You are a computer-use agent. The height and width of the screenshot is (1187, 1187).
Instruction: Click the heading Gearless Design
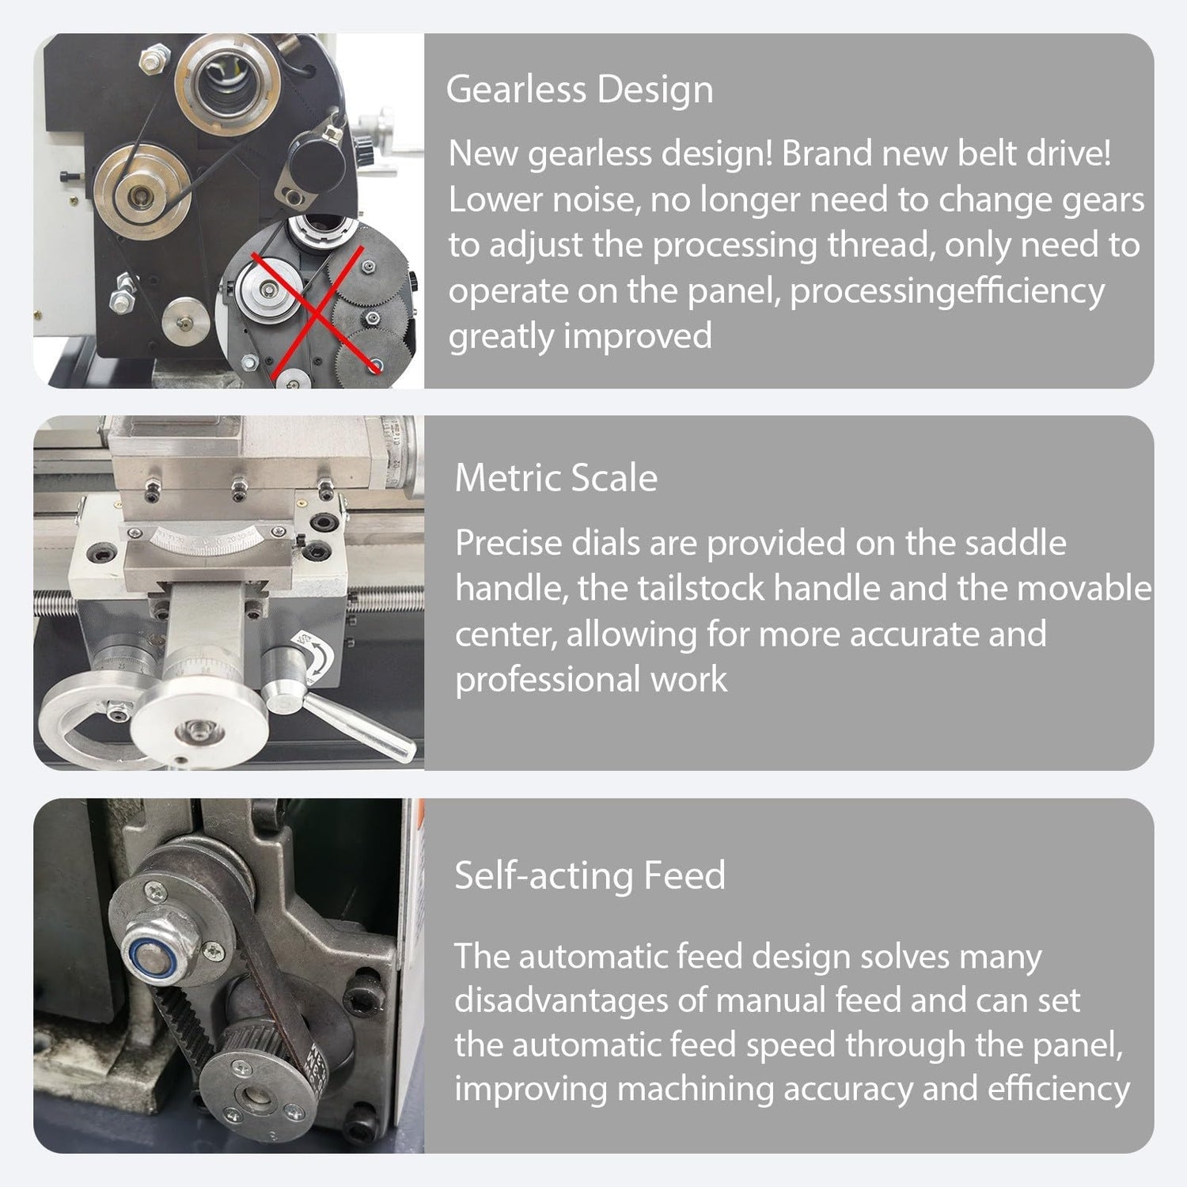579,89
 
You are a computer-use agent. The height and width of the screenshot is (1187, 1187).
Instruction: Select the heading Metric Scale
556,478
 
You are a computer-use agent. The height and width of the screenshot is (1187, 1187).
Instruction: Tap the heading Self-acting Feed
590,875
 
